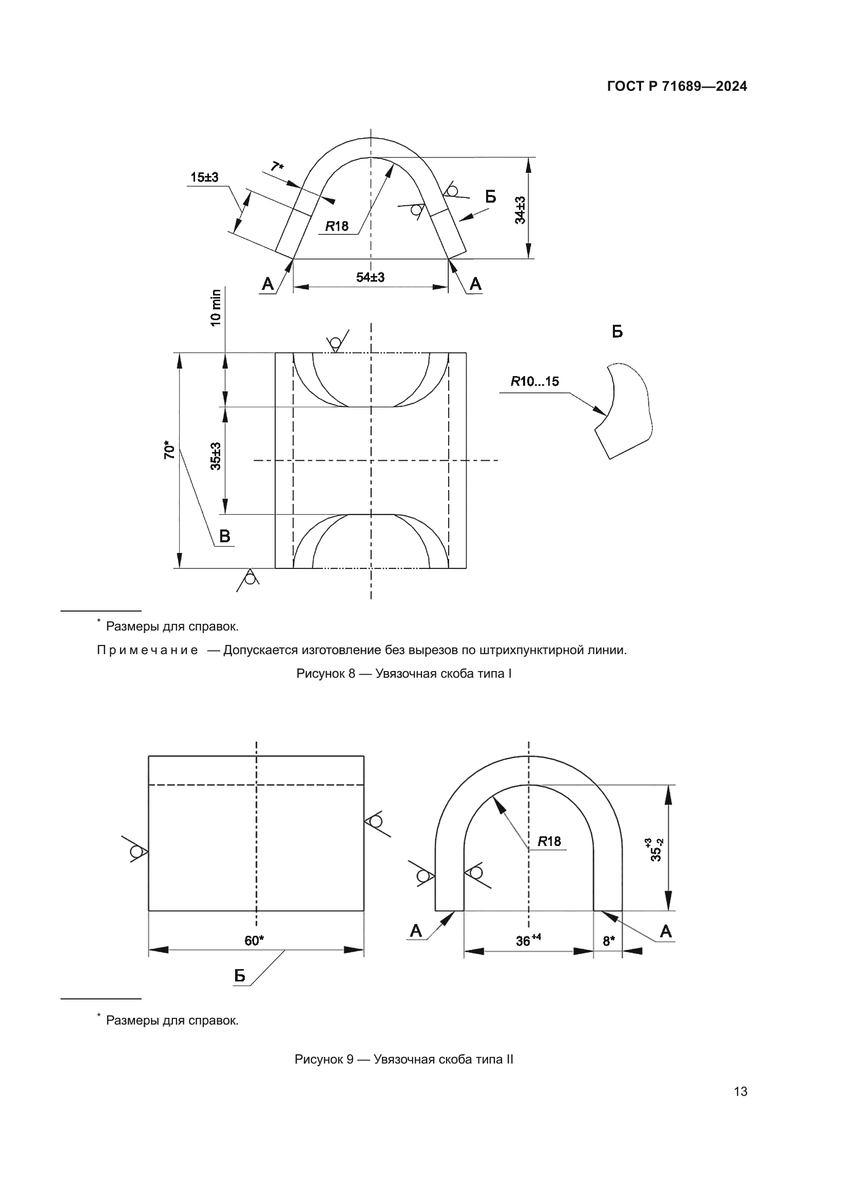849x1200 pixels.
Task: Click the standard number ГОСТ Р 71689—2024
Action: [x=677, y=86]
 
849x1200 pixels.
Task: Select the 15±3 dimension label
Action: [x=204, y=178]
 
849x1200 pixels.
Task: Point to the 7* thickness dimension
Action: [x=277, y=167]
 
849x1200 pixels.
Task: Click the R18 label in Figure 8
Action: [x=337, y=226]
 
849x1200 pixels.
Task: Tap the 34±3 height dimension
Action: [x=520, y=210]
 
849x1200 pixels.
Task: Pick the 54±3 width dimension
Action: [x=370, y=278]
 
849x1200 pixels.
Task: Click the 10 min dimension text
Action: [x=216, y=308]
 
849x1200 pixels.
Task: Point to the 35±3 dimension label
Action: [x=216, y=456]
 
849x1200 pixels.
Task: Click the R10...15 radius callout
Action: [x=534, y=382]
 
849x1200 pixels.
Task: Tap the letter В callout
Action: [x=224, y=536]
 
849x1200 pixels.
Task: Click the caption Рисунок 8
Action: [x=403, y=674]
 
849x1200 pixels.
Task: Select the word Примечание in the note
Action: [x=147, y=650]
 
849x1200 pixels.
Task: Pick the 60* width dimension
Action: [x=254, y=941]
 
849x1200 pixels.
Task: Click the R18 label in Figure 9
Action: [x=549, y=841]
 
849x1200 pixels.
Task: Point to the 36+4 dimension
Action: [x=528, y=941]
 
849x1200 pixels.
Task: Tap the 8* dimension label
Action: [x=609, y=941]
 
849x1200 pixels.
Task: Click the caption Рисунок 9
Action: [x=403, y=1059]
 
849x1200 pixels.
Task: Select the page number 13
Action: [x=740, y=1091]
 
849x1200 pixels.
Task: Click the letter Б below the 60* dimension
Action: [x=239, y=976]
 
